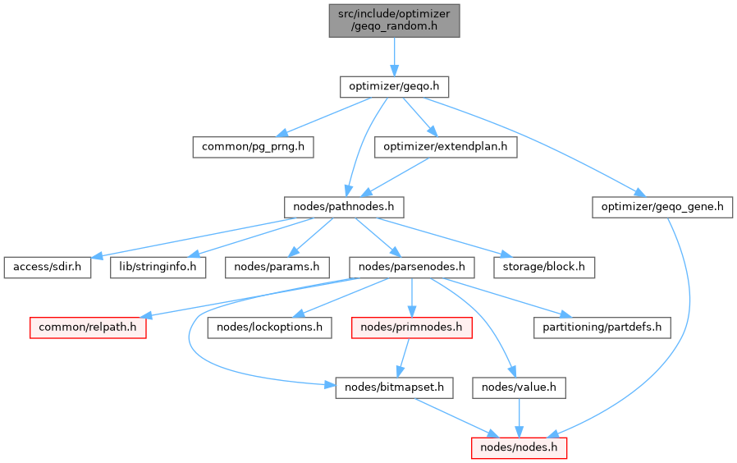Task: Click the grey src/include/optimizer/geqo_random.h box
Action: point(394,20)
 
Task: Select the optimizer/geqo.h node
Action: point(395,85)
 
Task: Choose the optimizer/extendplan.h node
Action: point(446,147)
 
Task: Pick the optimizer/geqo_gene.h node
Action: point(662,206)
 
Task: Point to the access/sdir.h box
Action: point(47,267)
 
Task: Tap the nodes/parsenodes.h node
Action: point(411,267)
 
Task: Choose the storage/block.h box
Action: point(543,267)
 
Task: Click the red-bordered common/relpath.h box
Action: point(88,327)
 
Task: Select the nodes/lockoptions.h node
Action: point(270,327)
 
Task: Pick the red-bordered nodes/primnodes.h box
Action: point(410,327)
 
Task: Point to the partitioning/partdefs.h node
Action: point(602,327)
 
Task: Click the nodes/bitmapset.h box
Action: point(394,387)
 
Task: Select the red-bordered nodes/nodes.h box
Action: point(519,447)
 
